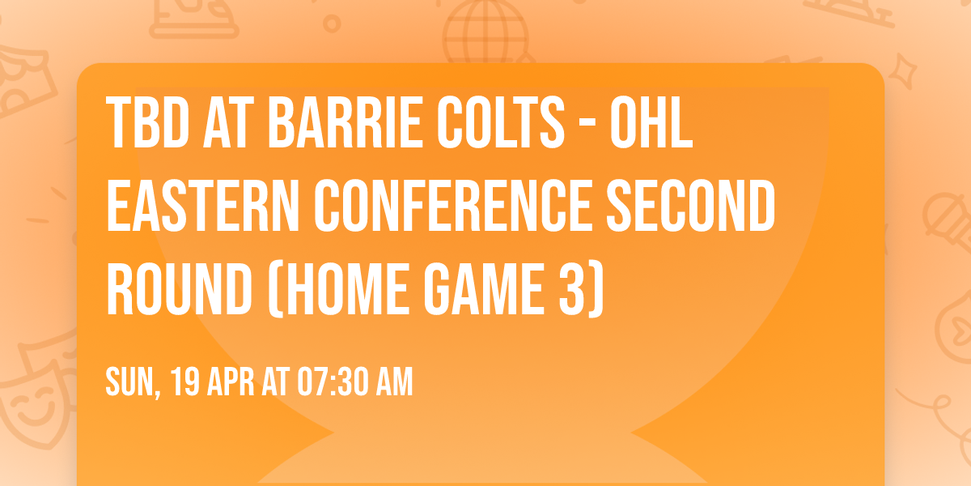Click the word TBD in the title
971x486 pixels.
[146, 125]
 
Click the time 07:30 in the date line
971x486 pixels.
[328, 382]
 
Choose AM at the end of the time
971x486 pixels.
[393, 382]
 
